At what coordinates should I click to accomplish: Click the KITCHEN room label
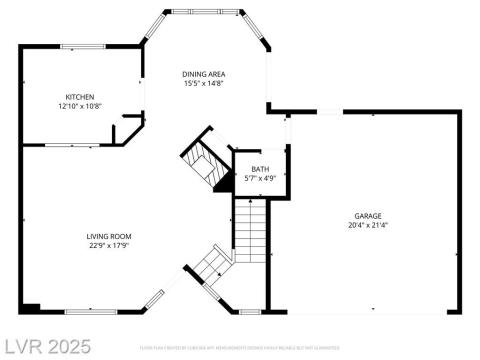point(80,97)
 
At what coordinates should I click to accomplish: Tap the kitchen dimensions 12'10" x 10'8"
point(80,106)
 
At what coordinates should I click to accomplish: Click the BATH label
point(260,169)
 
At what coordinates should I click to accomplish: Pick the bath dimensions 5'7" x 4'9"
point(260,178)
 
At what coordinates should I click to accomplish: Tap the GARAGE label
point(368,216)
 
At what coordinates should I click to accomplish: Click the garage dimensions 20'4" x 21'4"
point(368,225)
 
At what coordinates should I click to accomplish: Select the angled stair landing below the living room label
point(211,265)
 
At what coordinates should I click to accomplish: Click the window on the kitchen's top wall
point(82,46)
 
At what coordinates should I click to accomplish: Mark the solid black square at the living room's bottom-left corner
point(31,307)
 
